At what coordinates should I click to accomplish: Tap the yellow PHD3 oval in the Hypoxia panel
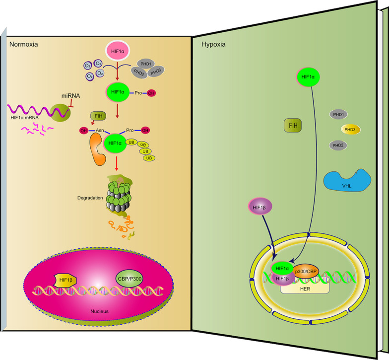tap(350, 130)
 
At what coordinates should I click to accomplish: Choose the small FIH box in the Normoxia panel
tap(99, 117)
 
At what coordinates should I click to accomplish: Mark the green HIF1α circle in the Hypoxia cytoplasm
tap(309, 77)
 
